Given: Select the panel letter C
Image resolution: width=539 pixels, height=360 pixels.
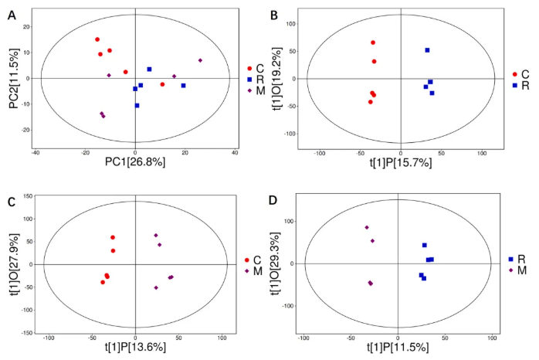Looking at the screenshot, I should (11, 202).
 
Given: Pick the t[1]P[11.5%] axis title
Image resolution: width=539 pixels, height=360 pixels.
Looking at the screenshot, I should (398, 348).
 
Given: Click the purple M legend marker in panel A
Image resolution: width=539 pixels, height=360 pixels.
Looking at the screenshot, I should (250, 90).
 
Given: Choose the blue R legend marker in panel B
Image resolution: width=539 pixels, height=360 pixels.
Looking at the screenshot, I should (514, 84).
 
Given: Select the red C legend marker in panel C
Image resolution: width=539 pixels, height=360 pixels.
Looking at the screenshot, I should (246, 260).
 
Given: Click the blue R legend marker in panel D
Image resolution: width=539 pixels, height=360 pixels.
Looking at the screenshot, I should (510, 260).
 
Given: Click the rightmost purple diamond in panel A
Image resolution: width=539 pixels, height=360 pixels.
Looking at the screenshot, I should (200, 60).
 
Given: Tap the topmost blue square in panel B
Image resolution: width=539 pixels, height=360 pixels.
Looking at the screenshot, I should (427, 50).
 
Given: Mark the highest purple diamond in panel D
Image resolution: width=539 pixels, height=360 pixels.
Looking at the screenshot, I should (367, 227).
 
